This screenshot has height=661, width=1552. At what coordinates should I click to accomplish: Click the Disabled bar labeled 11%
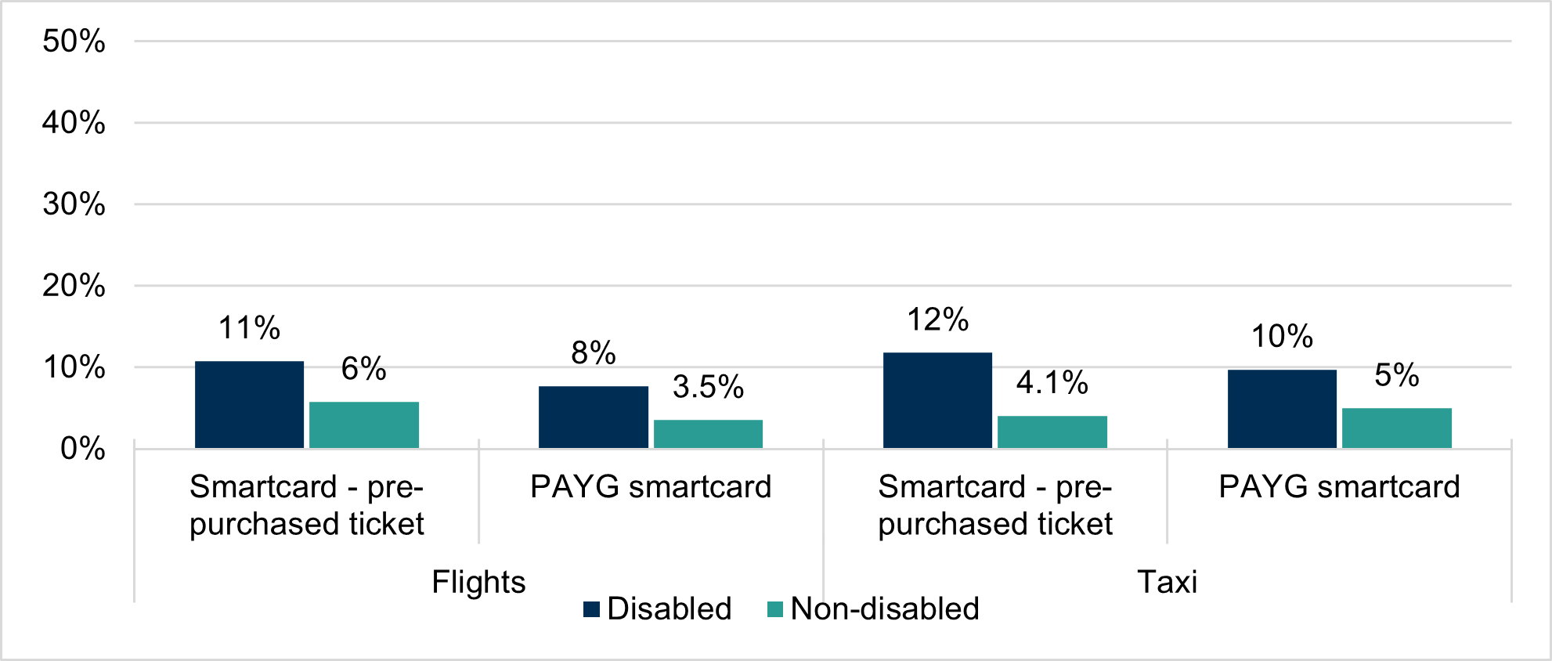pyautogui.click(x=249, y=404)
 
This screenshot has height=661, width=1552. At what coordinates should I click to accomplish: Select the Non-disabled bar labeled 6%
pyautogui.click(x=364, y=424)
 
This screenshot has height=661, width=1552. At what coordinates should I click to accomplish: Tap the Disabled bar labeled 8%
pyautogui.click(x=594, y=417)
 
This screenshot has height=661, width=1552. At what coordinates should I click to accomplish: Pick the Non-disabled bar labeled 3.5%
pyautogui.click(x=708, y=434)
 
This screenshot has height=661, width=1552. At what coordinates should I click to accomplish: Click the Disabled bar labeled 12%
pyautogui.click(x=937, y=400)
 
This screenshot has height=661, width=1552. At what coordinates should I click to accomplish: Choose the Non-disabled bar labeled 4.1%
pyautogui.click(x=1052, y=432)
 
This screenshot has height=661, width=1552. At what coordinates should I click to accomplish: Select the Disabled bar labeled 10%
pyautogui.click(x=1282, y=408)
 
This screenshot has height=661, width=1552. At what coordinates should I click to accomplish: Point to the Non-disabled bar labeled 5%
pyautogui.click(x=1397, y=428)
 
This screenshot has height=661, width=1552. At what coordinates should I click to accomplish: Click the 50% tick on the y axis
pyautogui.click(x=74, y=41)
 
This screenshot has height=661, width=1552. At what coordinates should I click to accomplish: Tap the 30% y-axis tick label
pyautogui.click(x=74, y=204)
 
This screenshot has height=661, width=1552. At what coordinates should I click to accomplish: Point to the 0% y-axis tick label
pyautogui.click(x=82, y=448)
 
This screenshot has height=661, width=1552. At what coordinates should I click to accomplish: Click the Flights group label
pyautogui.click(x=478, y=582)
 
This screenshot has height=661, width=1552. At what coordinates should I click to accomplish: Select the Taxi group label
pyautogui.click(x=1167, y=582)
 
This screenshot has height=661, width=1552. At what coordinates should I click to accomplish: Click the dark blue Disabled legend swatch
pyautogui.click(x=592, y=609)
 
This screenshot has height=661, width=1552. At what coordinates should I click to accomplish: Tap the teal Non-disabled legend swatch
pyautogui.click(x=775, y=609)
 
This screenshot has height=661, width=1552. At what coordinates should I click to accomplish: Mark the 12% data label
pyautogui.click(x=937, y=320)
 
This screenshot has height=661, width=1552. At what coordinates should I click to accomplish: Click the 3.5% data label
pyautogui.click(x=708, y=387)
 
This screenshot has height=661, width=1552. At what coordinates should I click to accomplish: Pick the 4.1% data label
pyautogui.click(x=1052, y=383)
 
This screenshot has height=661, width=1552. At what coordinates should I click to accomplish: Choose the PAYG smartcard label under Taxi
pyautogui.click(x=1339, y=486)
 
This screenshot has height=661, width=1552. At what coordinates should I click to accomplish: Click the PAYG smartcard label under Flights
pyautogui.click(x=651, y=486)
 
